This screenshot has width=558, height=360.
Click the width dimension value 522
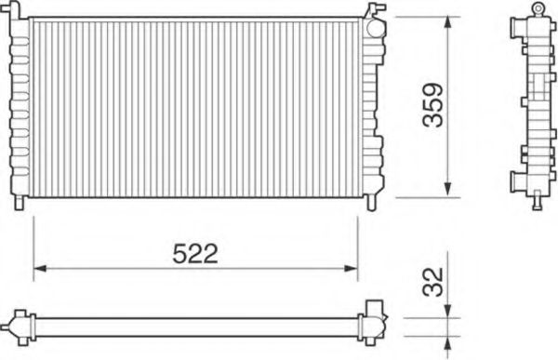pyautogui.click(x=195, y=254)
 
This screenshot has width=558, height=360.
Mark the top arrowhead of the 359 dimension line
pyautogui.click(x=450, y=20)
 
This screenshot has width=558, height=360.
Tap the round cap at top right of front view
pyautogui.click(x=374, y=26)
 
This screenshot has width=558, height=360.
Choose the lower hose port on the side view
pyautogui.click(x=514, y=179)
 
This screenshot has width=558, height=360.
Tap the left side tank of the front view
pyautogui.click(x=20, y=107)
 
